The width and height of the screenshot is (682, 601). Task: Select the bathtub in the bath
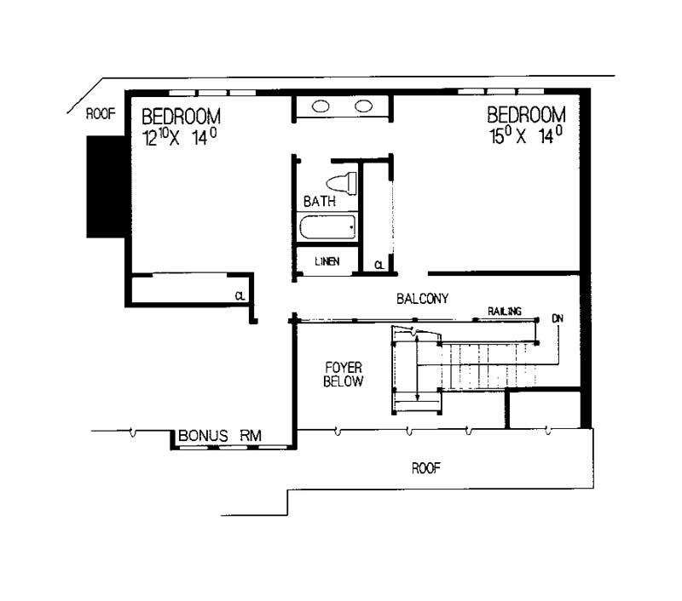click(327, 228)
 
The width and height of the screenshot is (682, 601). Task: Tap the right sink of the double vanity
click(364, 106)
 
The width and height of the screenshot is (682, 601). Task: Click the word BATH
click(320, 203)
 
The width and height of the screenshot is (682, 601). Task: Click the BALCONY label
click(422, 298)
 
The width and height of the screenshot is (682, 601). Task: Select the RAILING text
click(505, 312)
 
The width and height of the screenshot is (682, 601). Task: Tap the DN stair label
click(558, 318)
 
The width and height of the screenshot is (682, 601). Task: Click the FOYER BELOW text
click(344, 375)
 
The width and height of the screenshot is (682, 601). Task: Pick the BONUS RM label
click(220, 436)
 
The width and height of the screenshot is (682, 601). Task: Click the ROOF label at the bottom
click(425, 467)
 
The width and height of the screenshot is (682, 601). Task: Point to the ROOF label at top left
click(100, 116)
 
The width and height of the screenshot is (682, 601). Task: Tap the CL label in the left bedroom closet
click(241, 295)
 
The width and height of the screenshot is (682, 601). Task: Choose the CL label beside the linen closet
click(378, 266)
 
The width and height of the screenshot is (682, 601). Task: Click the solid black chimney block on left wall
click(101, 186)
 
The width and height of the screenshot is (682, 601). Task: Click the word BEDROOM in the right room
click(526, 115)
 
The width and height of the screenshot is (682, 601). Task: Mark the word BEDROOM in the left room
click(182, 115)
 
